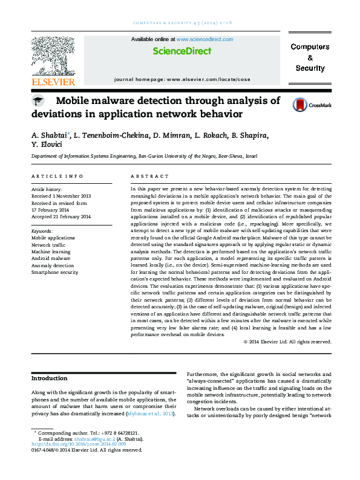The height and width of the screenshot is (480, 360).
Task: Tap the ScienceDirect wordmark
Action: coord(182,51)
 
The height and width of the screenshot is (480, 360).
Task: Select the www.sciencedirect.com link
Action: coord(205,39)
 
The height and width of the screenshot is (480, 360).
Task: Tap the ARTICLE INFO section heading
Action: coord(57,176)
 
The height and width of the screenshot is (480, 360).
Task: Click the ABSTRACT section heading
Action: coord(149,176)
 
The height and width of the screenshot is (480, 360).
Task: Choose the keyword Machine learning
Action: coord(50,251)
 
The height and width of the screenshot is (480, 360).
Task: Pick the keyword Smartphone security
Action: coord(54,273)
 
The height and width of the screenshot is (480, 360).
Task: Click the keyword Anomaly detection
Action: coord(52,265)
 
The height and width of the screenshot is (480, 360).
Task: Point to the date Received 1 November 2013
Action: coord(61,196)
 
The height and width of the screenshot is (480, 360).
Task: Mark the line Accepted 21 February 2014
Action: coord(61,216)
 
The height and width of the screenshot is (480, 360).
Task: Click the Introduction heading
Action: coord(50,378)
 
